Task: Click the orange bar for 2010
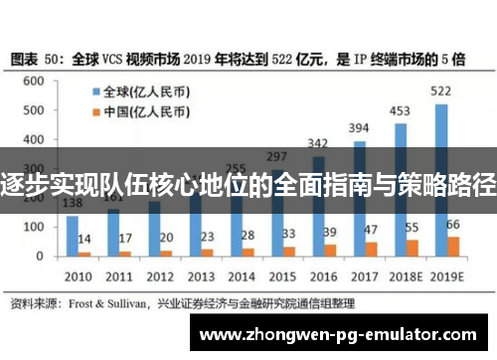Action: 84,254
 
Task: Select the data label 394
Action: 360,128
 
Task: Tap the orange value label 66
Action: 452,224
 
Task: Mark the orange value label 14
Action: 84,239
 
